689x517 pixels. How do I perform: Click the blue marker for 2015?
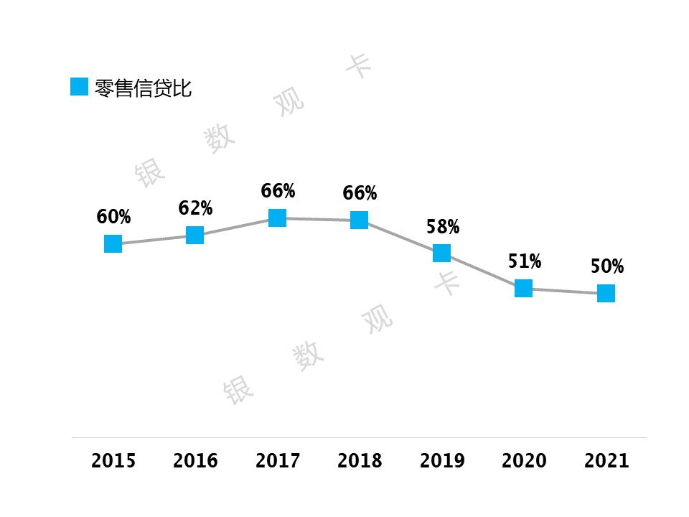[113, 244]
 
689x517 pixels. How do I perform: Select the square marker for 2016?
[194, 235]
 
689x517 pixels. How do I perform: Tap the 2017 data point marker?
[277, 218]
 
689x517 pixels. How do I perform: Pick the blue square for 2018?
[360, 220]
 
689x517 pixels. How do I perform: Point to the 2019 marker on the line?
[441, 253]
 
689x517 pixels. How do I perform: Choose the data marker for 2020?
[524, 288]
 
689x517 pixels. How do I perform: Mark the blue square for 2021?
[606, 293]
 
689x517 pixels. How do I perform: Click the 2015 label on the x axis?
[113, 460]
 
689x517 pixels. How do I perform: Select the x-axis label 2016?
[195, 460]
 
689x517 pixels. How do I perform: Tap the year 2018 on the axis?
[360, 460]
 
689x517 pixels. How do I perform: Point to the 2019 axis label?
[442, 460]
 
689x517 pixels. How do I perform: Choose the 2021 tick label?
[606, 460]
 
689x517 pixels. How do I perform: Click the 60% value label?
[114, 217]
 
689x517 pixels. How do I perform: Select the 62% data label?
[196, 208]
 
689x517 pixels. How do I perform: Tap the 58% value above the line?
[443, 228]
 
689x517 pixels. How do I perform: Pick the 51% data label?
[525, 261]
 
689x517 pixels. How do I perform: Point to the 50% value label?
[607, 266]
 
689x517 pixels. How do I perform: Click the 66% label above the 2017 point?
[278, 191]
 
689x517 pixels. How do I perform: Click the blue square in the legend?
[79, 87]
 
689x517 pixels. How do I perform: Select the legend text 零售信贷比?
[144, 88]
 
